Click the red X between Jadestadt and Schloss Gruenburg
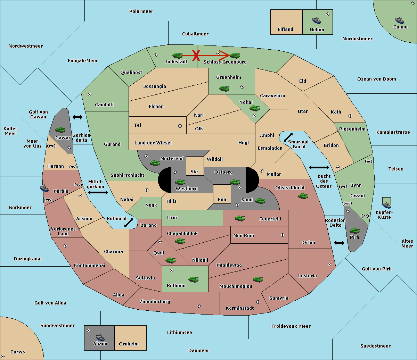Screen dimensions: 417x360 (196, 56)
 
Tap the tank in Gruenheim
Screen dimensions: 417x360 (224, 88)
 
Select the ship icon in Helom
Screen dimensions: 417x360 (317, 20)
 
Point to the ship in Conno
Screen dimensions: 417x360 (400, 20)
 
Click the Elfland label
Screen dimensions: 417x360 (285, 29)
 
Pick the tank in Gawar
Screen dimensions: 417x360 (60, 129)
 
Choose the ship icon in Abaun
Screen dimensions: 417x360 (100, 337)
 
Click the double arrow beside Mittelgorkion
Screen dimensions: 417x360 (98, 192)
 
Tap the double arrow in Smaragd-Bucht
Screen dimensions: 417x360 (288, 137)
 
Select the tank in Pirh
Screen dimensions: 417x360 (354, 231)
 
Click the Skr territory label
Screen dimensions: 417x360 (194, 171)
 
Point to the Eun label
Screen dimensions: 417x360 (222, 199)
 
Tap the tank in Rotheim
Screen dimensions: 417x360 (193, 279)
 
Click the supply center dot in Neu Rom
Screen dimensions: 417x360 (283, 235)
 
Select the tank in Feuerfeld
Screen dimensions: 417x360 (240, 218)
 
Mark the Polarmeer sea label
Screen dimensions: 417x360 (141, 11)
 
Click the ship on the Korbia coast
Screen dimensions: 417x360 (44, 188)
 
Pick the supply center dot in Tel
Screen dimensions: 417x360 (180, 126)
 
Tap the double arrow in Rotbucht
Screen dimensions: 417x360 (129, 223)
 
